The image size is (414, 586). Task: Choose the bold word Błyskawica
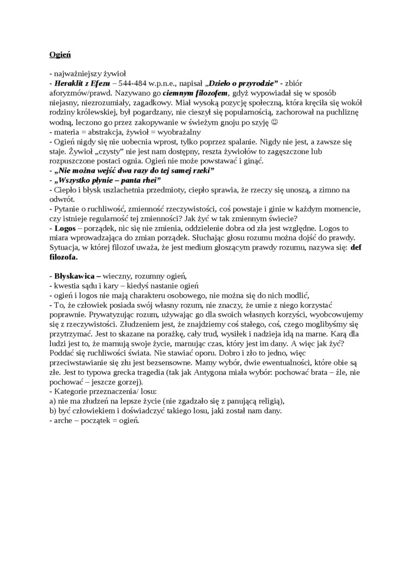74,276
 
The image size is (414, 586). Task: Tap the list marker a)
53,401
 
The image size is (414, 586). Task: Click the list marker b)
53,411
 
